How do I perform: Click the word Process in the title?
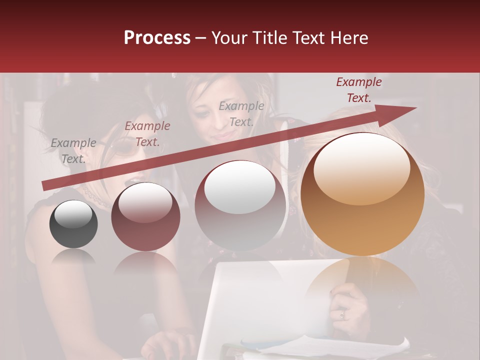click(x=157, y=38)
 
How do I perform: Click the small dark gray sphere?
click(x=73, y=224)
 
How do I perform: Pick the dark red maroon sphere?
click(x=145, y=216)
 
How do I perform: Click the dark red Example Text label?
click(x=358, y=90)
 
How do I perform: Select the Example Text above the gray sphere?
click(x=73, y=150)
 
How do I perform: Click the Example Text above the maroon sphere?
click(x=147, y=134)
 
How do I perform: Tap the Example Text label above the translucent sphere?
click(x=241, y=114)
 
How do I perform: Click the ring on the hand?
click(x=342, y=314)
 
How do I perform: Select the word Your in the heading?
click(x=228, y=38)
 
